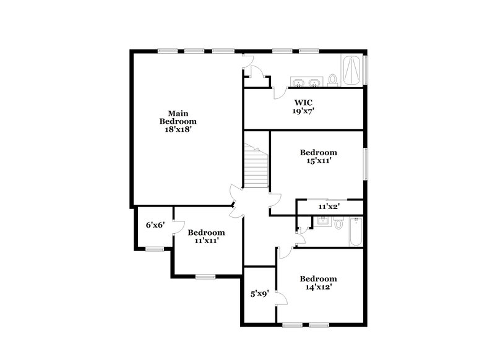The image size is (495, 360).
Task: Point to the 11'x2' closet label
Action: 329,207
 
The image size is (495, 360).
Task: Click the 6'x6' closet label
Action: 154,225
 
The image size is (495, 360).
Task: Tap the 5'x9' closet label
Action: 259,295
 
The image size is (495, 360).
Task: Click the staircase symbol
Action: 256,166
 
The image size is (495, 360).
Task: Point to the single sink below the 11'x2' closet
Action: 322,221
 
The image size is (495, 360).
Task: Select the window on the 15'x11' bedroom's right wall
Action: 365,163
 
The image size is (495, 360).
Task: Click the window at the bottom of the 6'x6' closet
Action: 155,249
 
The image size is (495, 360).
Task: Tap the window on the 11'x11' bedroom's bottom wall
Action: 205,276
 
